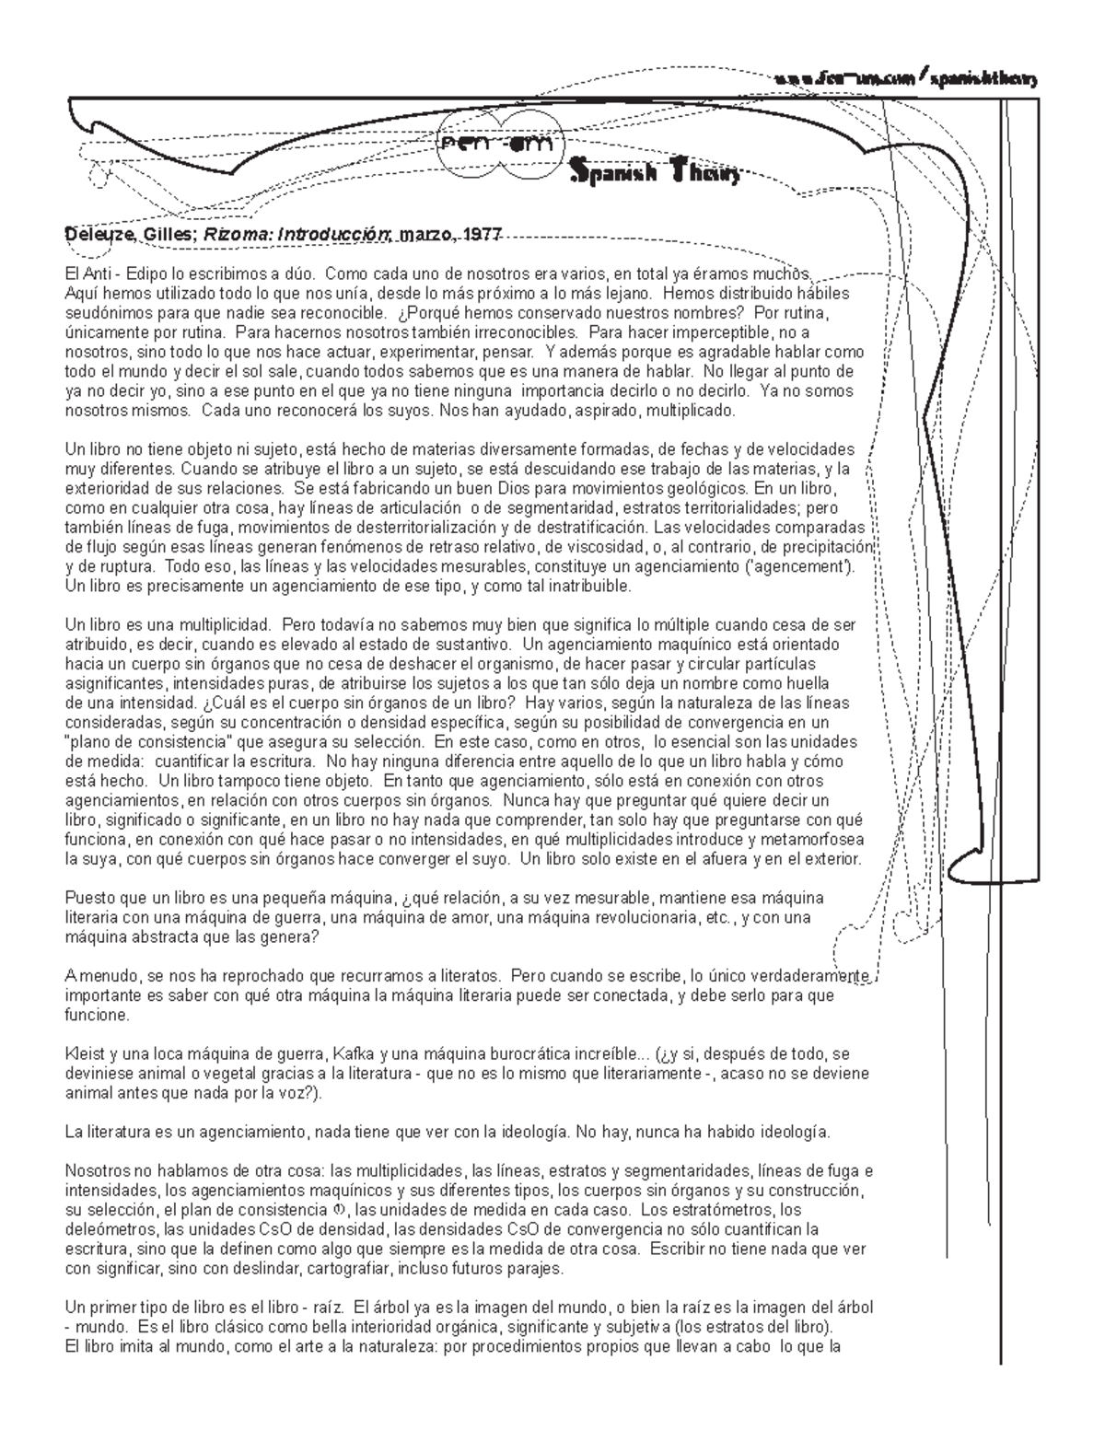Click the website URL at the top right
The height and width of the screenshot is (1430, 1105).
point(906,80)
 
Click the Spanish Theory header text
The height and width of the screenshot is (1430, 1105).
point(655,171)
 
